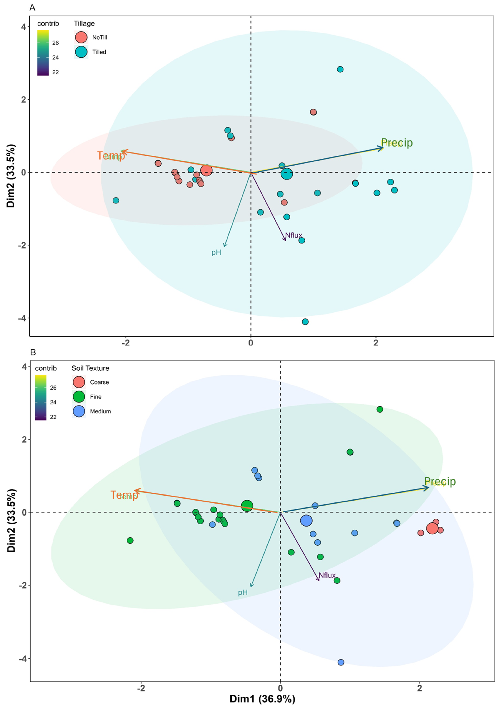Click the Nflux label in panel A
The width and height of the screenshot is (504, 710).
pyautogui.click(x=293, y=235)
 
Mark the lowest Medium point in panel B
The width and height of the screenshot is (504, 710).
pyautogui.click(x=341, y=662)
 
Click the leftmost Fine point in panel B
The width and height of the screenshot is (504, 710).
pyautogui.click(x=130, y=540)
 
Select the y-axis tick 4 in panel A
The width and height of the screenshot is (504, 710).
pyautogui.click(x=23, y=27)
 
